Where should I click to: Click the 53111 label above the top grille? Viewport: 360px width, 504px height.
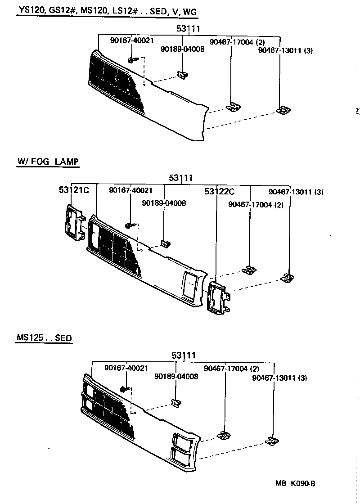pos(189,29)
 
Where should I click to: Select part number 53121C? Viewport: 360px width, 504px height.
pos(74,190)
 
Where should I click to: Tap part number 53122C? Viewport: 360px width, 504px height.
pos(219,192)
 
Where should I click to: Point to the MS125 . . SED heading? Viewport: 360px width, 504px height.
pos(44,337)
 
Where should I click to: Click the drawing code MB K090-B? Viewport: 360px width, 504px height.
pos(295,484)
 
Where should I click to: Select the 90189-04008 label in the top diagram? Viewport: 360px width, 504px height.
pos(182,49)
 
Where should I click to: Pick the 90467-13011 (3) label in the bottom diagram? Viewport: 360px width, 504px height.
pos(279,378)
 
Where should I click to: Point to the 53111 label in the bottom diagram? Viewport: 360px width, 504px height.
pos(184,355)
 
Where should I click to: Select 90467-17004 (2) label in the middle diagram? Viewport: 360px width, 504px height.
pos(256,205)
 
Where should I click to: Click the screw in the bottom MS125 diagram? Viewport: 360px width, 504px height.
pos(125,389)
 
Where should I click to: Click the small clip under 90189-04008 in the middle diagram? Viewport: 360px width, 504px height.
pos(165,244)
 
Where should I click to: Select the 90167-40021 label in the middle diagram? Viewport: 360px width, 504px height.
pos(130,191)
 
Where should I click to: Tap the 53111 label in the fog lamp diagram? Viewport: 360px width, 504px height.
pos(181,178)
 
